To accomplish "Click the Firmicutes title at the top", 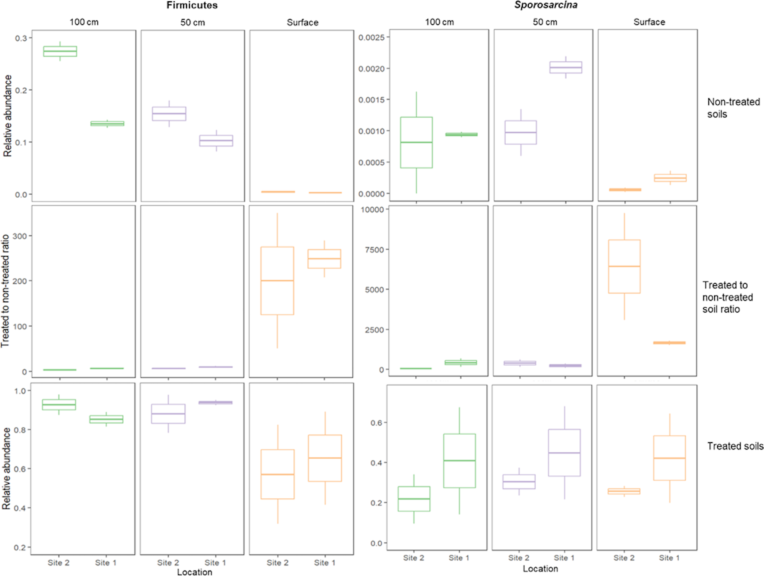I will coord(192,5).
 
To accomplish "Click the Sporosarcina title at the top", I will coord(546,5).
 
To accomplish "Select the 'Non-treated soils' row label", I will coord(733,108).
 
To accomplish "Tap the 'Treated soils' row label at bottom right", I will coord(735,446).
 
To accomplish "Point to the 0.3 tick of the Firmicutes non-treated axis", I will coord(21,38).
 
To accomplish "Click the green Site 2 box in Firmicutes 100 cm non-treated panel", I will coord(60,51).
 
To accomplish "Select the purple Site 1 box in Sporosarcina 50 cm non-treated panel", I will coord(565,67).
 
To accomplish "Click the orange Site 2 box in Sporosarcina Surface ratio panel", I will coord(624,266).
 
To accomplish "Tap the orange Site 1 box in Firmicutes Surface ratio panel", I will coord(324,259).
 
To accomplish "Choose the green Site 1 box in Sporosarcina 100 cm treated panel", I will coord(459,461).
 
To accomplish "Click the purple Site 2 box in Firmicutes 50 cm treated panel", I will coord(168,414).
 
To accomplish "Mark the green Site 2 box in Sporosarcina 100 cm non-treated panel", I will coord(416,143).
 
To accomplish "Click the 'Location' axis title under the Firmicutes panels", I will coord(194,572).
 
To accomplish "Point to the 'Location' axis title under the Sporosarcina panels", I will coord(540,568).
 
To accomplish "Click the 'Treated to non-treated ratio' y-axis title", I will coord(5,291).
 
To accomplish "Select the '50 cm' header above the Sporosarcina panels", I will coord(545,22).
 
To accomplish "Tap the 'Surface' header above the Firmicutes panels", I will coord(302,23).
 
